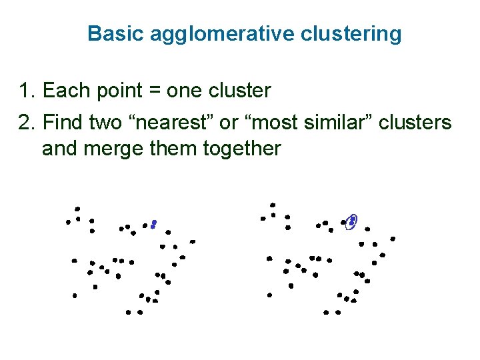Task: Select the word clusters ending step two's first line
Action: (x=415, y=123)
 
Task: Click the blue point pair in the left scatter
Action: (x=153, y=224)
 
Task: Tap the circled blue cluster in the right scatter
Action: (x=352, y=221)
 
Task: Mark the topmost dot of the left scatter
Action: (x=77, y=209)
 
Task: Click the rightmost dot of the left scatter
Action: (x=193, y=241)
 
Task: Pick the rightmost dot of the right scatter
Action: (x=393, y=239)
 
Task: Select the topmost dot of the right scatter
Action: (x=273, y=205)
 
